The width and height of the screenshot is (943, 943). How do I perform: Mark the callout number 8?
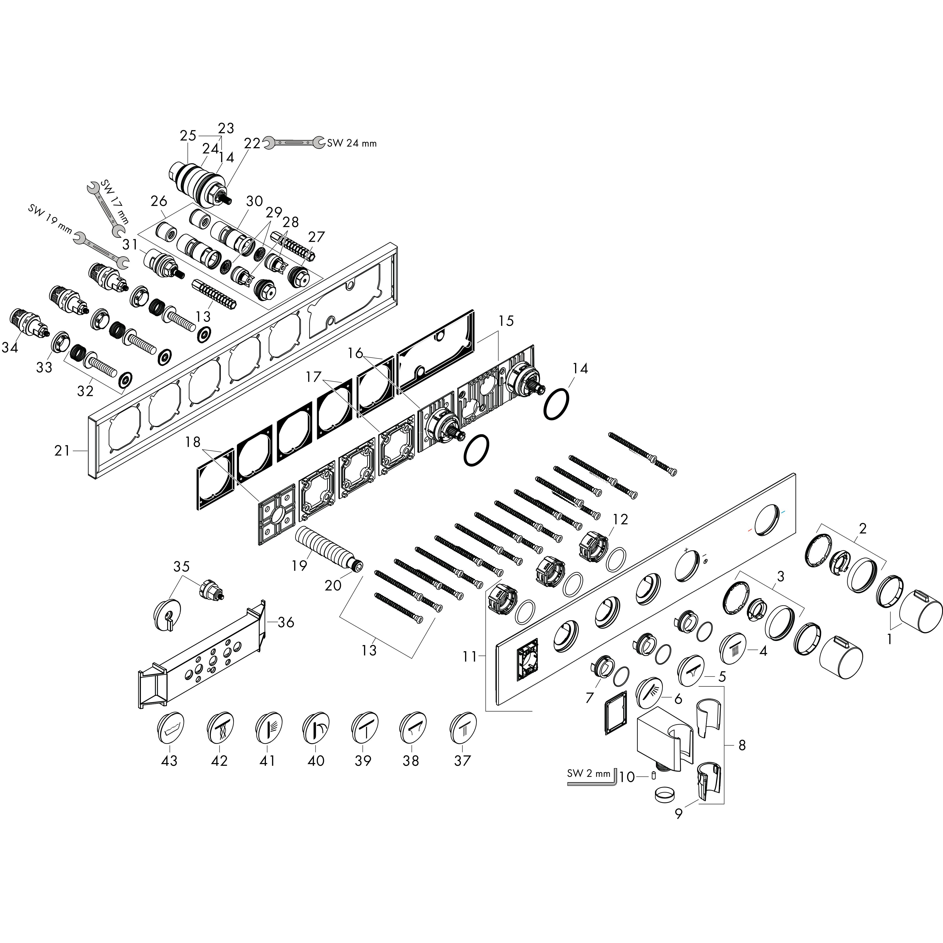pos(742,745)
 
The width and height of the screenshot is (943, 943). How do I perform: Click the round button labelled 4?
pos(735,648)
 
